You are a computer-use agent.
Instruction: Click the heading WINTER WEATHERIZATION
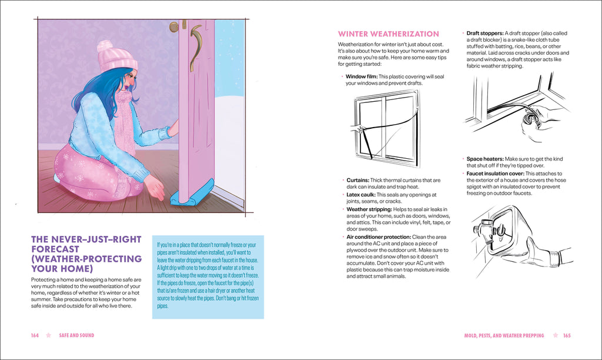[388, 34]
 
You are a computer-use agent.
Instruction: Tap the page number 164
[35, 335]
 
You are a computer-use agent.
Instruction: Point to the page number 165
[567, 335]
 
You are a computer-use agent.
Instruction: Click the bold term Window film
[361, 76]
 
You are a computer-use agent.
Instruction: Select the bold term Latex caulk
[360, 195]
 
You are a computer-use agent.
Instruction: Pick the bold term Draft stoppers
[484, 34]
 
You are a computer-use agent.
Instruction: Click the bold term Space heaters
[484, 159]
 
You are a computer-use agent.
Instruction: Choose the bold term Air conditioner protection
[378, 236]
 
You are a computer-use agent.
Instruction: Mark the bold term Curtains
[357, 180]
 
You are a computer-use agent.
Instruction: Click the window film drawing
[386, 128]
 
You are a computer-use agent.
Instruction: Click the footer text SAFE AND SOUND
[76, 335]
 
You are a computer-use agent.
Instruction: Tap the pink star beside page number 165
[553, 335]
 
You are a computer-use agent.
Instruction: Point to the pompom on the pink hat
[105, 46]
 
